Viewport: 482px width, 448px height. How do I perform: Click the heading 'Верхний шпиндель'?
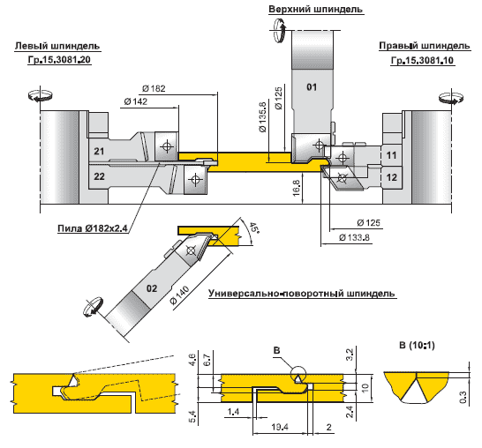pos(315,9)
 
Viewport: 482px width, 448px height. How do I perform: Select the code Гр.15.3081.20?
pos(59,60)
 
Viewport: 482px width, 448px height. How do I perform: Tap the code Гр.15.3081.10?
pos(422,61)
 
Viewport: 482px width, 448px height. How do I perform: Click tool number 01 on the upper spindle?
pos(312,87)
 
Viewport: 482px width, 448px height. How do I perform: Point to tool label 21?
pos(99,151)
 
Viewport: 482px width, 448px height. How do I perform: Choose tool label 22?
pos(99,176)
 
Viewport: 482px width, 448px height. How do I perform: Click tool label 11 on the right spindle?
pos(391,155)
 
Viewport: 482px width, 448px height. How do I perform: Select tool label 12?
pos(391,177)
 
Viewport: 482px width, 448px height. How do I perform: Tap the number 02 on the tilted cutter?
pos(152,288)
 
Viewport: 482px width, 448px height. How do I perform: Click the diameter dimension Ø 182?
pos(154,89)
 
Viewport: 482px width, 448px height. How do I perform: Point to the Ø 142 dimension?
pos(136,101)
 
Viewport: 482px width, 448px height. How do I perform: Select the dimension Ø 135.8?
pos(263,117)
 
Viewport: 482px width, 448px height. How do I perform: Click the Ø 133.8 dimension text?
pos(354,237)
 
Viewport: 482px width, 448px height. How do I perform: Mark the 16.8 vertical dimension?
pos(296,188)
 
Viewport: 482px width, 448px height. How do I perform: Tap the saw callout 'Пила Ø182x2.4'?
pos(93,228)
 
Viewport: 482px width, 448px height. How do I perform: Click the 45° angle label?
pos(254,228)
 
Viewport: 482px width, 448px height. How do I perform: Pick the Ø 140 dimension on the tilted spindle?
pos(180,295)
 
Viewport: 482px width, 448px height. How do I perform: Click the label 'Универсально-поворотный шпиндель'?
pos(302,294)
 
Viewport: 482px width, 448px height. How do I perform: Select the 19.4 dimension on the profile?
pos(280,427)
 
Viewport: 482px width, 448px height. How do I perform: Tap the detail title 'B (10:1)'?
pos(417,346)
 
